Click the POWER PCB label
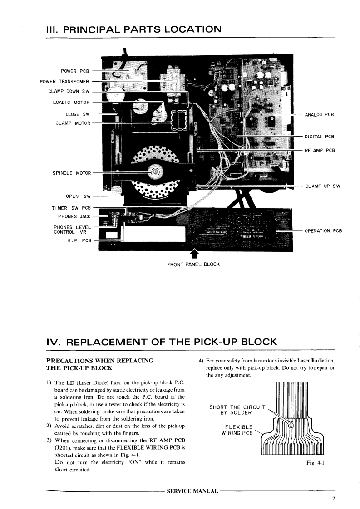(75, 71)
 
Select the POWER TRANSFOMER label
(64, 82)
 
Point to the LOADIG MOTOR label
(72, 103)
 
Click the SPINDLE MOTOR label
(72, 173)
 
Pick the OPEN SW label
(78, 196)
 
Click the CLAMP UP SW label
(323, 186)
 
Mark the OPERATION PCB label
(323, 230)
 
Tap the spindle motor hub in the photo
(155, 172)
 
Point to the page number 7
(333, 499)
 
